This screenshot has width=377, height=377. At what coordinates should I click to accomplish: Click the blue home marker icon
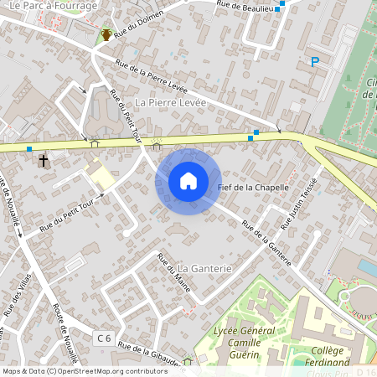coord(188,181)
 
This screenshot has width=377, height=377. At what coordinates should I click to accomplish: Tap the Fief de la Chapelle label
coord(253,187)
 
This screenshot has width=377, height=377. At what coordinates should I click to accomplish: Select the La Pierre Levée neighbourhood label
coord(170,102)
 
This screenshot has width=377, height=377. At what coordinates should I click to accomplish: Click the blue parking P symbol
coord(315,61)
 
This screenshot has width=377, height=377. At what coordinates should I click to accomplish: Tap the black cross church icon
coord(44,158)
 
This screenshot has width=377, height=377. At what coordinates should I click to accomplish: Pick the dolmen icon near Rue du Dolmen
coord(106,34)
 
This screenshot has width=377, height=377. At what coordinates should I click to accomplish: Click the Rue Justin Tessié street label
coord(300,203)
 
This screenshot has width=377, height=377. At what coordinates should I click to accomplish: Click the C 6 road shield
coord(103,338)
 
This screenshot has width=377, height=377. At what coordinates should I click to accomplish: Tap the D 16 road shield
coord(365,371)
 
